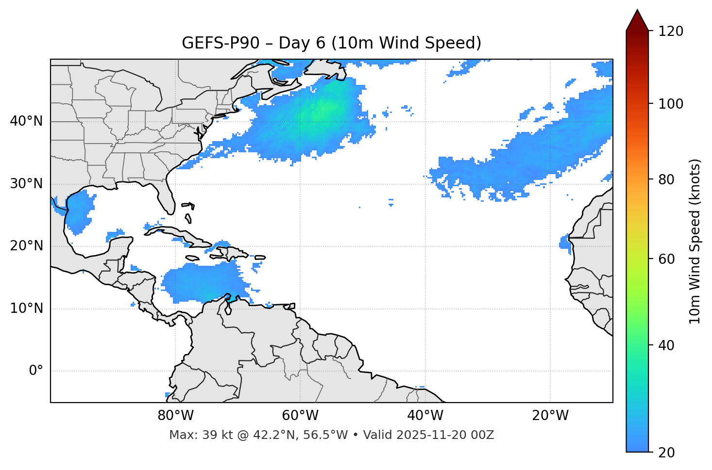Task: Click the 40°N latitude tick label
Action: pos(26,121)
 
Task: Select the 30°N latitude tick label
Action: pos(26,184)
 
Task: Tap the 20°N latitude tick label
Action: pos(26,246)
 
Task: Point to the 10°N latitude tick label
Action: pos(26,308)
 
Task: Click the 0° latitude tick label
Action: pos(36,371)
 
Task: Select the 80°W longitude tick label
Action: pos(175,416)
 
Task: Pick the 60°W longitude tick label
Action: pos(300,416)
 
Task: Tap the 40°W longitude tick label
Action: pos(425,416)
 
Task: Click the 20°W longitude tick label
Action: pos(550,416)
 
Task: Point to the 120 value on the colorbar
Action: pos(670,31)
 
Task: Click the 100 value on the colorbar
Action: pos(670,104)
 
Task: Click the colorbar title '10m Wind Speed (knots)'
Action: pos(695,241)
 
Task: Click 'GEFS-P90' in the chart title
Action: pos(213,43)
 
